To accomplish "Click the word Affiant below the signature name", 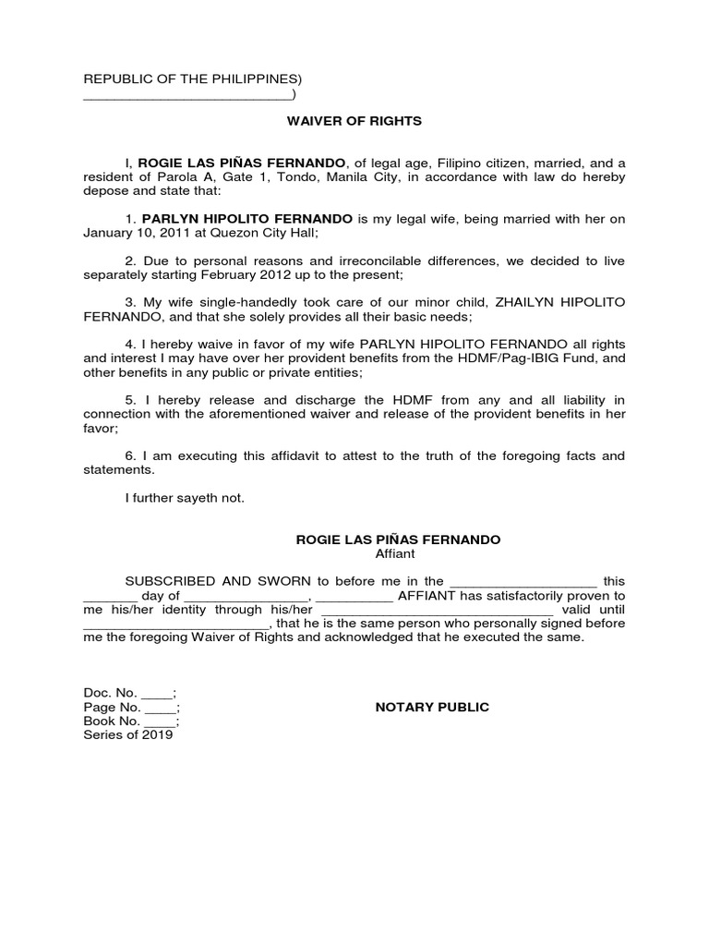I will (x=395, y=554).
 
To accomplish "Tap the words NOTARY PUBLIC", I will (x=432, y=708).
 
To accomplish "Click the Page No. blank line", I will (x=161, y=709).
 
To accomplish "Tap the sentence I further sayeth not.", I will (x=185, y=498).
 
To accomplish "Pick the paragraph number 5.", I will (x=131, y=399).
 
